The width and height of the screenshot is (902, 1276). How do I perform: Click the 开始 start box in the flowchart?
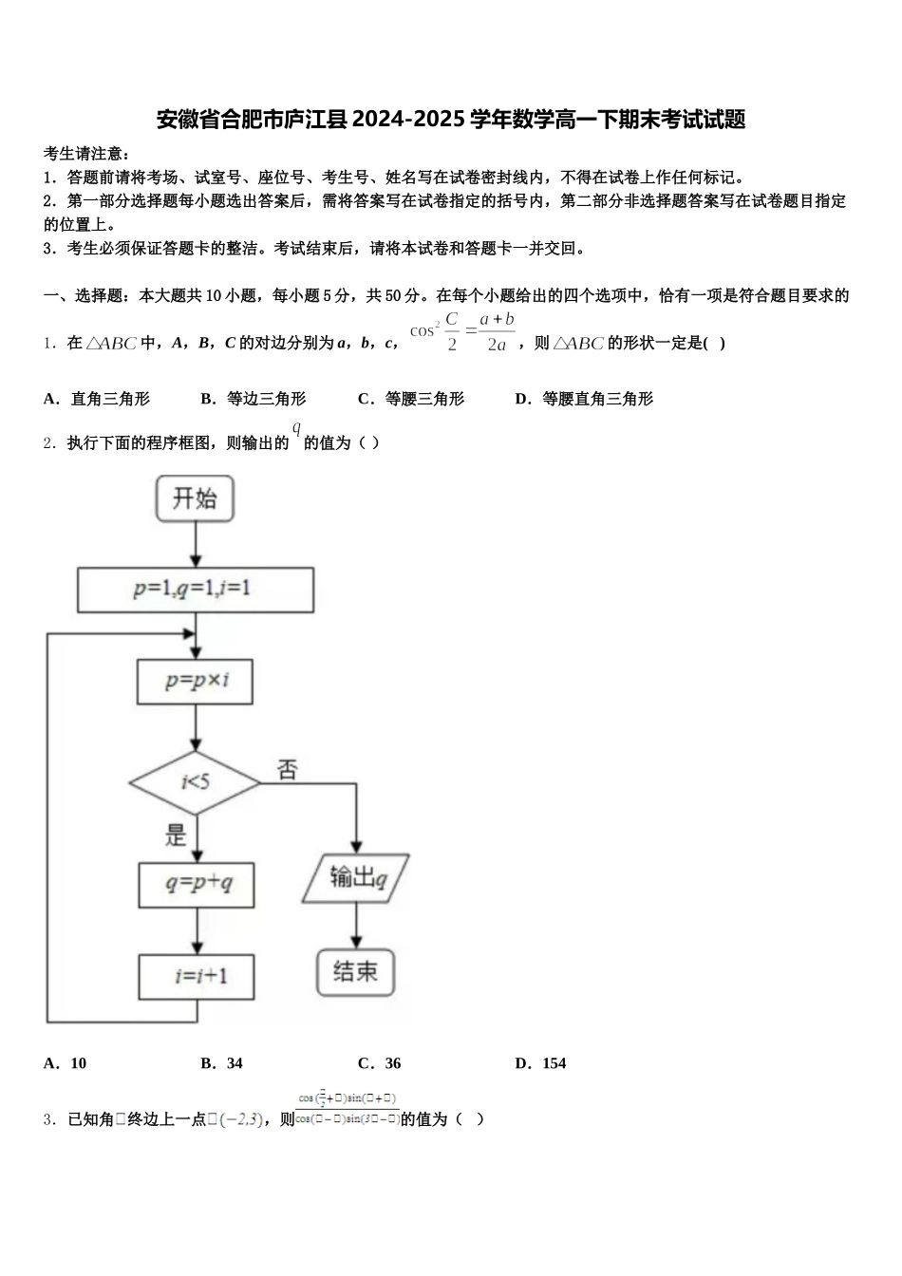(195, 499)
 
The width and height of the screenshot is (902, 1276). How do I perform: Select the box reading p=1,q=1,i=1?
(195, 589)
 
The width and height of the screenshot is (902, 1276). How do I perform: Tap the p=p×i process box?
(196, 681)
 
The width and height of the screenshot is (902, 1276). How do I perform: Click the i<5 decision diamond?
(195, 782)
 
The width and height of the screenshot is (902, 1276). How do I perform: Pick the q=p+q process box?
(197, 883)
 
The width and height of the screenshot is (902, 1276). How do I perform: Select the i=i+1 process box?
(197, 976)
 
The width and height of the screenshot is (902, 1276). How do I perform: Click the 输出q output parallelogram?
(356, 877)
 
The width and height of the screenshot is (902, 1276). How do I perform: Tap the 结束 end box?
(355, 970)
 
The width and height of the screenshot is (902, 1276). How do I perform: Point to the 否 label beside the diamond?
(287, 769)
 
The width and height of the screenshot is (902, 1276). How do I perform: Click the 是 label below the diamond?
(176, 835)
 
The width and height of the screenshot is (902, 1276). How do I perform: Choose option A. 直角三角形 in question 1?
(97, 399)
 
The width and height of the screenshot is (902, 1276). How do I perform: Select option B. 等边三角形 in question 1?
(254, 399)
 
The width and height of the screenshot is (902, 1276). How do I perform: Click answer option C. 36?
(380, 1063)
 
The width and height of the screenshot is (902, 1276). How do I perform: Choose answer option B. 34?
(222, 1063)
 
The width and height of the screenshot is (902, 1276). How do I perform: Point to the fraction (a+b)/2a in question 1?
(497, 332)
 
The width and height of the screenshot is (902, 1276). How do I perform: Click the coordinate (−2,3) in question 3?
(241, 1119)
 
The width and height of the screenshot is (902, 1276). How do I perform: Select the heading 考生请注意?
(85, 154)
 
